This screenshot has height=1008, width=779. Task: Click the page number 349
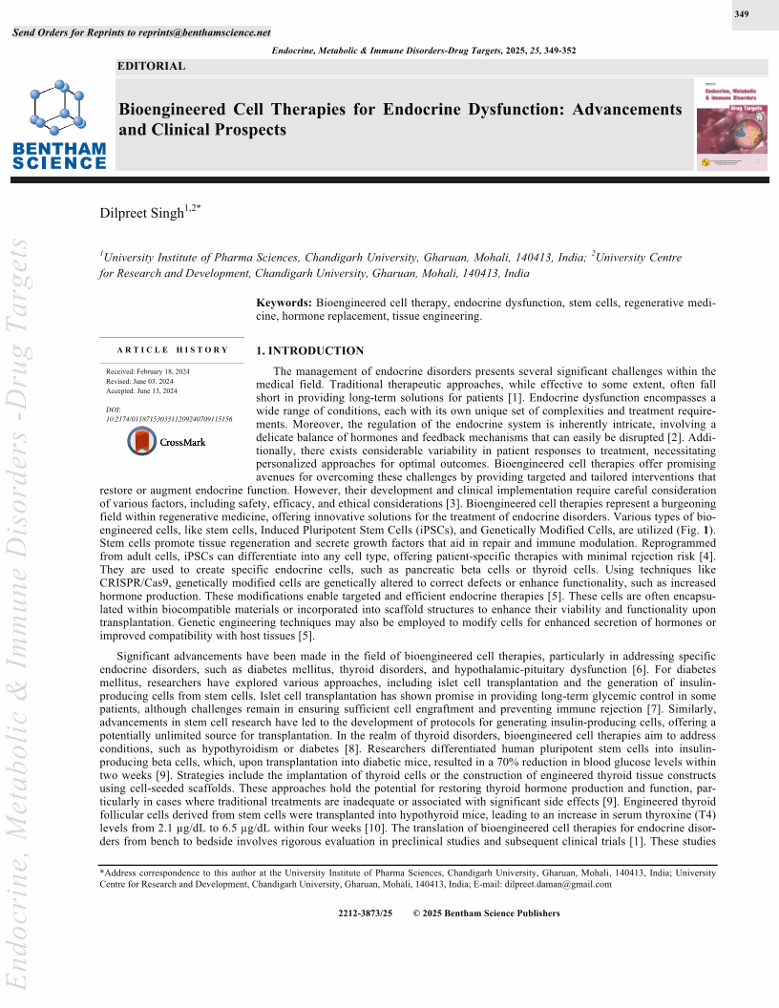coord(742,15)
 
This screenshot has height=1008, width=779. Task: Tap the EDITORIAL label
coord(151,67)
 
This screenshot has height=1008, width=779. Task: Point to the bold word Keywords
coord(284,302)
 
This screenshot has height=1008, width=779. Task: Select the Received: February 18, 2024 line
coord(148,370)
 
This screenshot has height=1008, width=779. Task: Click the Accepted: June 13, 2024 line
coord(141,390)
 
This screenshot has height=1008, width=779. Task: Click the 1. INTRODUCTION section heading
coord(310,351)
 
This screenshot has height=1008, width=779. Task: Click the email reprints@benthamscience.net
coord(211,32)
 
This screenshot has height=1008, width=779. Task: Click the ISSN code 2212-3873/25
coord(366,913)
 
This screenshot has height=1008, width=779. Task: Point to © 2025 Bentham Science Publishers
coord(486,913)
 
